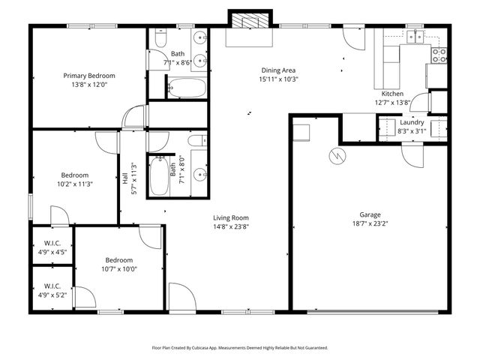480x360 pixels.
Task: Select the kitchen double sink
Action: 415,35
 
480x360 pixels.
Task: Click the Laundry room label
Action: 412,122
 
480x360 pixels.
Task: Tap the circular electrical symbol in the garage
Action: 338,156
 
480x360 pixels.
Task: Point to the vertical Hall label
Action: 125,179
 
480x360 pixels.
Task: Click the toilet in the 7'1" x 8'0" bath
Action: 196,140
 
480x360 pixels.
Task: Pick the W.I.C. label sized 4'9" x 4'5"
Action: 52,253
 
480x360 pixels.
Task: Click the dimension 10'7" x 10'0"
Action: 119,268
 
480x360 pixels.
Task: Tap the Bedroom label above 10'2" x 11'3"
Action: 75,175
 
